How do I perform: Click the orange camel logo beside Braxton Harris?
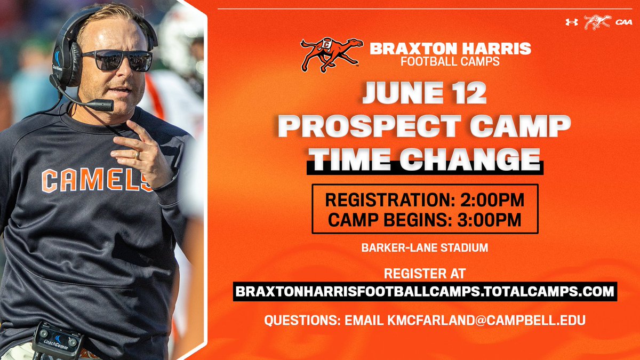click(x=331, y=54)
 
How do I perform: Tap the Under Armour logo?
click(x=572, y=22)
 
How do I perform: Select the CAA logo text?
click(x=624, y=22)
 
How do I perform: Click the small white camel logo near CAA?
click(x=597, y=22)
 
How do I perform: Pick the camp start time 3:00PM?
click(x=490, y=220)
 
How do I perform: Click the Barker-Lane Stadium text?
click(x=425, y=247)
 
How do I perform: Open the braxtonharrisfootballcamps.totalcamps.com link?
click(x=425, y=291)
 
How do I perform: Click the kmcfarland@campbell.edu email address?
click(x=486, y=320)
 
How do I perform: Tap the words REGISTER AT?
click(x=425, y=274)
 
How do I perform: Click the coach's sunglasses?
click(x=117, y=60)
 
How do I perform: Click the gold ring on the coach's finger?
click(x=138, y=155)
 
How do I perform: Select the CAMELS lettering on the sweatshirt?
click(x=97, y=180)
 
